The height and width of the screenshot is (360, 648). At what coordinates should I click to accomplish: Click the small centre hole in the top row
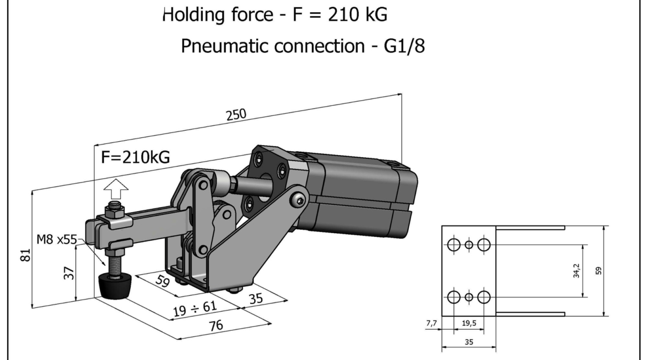click(469, 244)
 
